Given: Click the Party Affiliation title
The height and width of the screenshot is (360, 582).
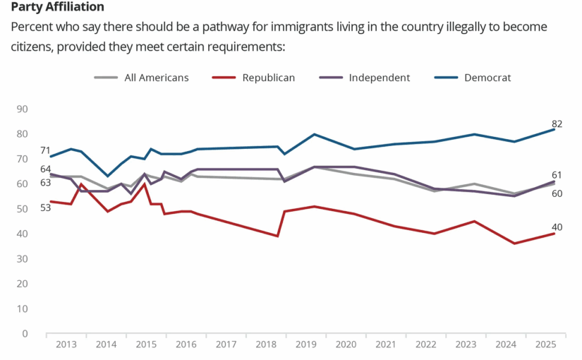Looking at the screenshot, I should (x=58, y=7).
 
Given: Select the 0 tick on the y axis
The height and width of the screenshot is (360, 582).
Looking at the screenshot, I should (x=25, y=334).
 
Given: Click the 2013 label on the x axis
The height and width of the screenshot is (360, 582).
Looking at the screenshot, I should (x=66, y=344).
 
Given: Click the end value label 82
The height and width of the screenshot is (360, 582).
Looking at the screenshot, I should (x=557, y=124).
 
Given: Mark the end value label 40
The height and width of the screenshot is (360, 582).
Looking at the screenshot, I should (x=557, y=227).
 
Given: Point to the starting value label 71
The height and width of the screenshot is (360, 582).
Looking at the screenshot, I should (x=26, y=150).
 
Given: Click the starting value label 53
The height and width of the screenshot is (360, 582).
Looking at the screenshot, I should (x=26, y=207).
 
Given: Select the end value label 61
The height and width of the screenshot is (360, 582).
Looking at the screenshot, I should (x=557, y=176).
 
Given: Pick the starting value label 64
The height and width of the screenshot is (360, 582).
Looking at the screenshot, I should (x=26, y=169).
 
